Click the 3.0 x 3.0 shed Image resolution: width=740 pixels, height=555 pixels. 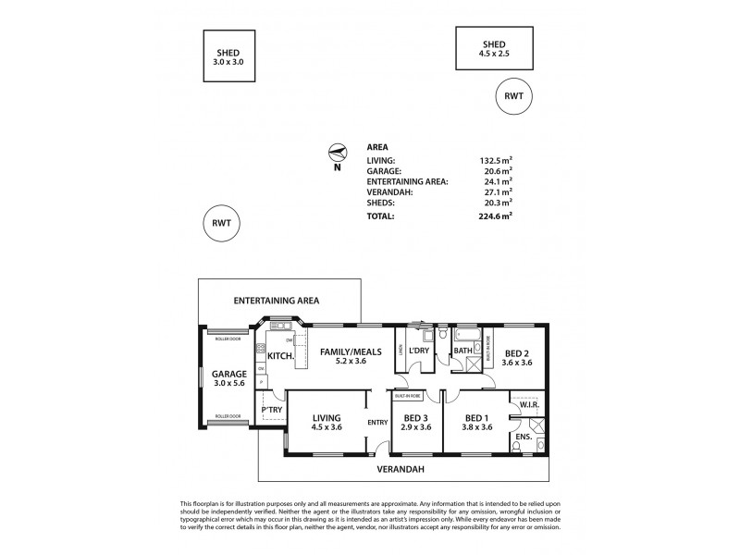click(x=230, y=58)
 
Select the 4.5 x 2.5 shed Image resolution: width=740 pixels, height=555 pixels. click(x=495, y=48)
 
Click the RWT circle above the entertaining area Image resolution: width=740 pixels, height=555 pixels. click(x=221, y=224)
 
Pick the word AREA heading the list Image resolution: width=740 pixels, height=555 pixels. click(x=377, y=147)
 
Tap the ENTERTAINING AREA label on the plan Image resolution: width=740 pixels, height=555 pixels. click(x=277, y=301)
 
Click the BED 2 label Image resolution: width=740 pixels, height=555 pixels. click(x=517, y=352)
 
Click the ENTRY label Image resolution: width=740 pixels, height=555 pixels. click(x=377, y=423)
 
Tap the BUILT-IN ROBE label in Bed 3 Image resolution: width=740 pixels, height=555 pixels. click(x=407, y=395)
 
